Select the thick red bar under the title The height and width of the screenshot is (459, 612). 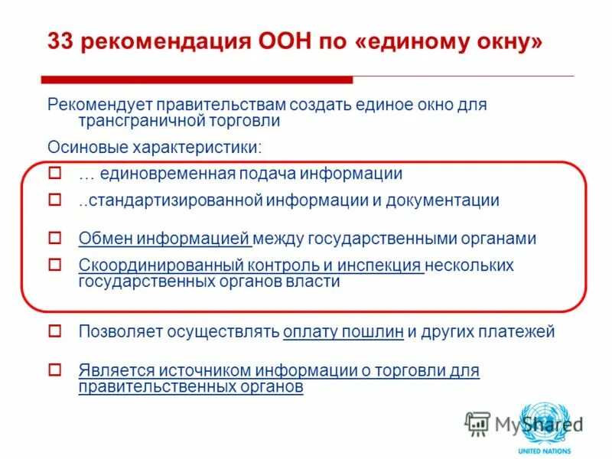point(197,80)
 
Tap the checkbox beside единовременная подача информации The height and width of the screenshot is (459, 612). point(54,174)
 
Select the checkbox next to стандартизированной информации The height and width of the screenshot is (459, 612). point(54,200)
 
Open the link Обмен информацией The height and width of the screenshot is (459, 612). point(164,239)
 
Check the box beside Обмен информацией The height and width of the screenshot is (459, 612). point(54,238)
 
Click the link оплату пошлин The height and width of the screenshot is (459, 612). point(342,332)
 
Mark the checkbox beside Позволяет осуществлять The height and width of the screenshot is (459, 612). point(54,331)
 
